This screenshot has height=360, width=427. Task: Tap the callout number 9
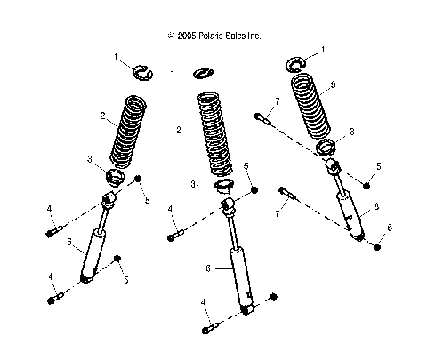[332, 85]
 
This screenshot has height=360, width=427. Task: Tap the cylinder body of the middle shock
[239, 276]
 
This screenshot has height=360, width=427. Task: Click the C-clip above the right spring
[297, 63]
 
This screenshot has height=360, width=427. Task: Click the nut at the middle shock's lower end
[273, 297]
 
